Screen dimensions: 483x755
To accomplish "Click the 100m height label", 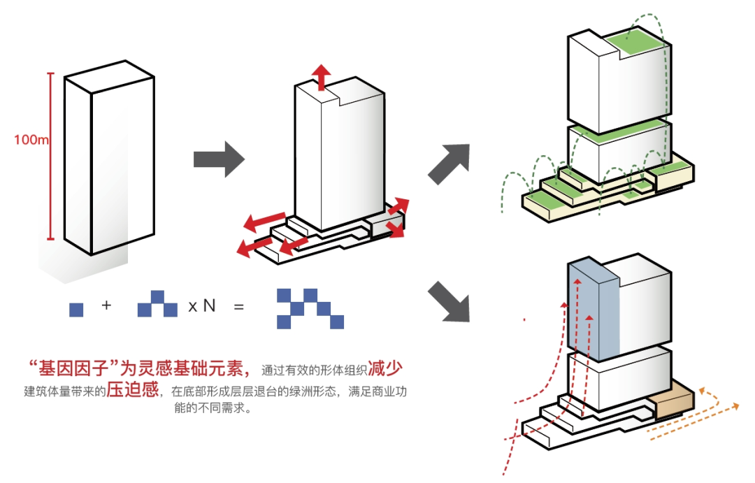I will tap(31, 140).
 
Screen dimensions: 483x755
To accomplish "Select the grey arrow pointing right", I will tap(218, 159).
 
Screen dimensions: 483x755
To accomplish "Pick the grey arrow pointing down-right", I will tap(450, 301).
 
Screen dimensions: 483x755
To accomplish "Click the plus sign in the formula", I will tap(107, 305).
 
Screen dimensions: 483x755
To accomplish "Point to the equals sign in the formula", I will tap(239, 306).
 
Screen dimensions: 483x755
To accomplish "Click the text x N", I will tap(201, 306).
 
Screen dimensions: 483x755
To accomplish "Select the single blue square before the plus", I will tap(76, 309).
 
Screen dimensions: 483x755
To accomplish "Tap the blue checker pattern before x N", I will tap(158, 306).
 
